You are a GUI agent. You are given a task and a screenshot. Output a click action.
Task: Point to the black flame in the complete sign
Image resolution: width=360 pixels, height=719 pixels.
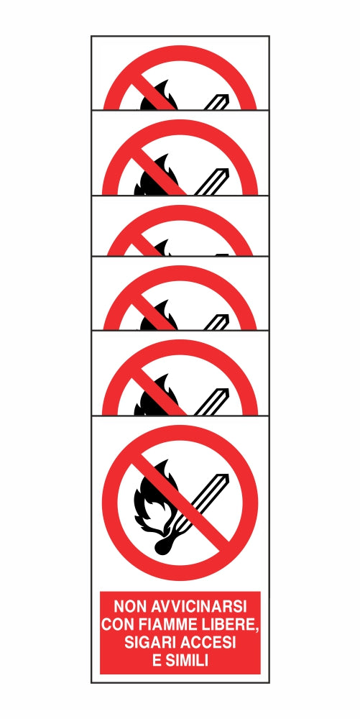pyautogui.click(x=152, y=496)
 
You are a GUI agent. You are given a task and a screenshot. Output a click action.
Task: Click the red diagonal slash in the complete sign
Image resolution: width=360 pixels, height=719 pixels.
pyautogui.click(x=180, y=503)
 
